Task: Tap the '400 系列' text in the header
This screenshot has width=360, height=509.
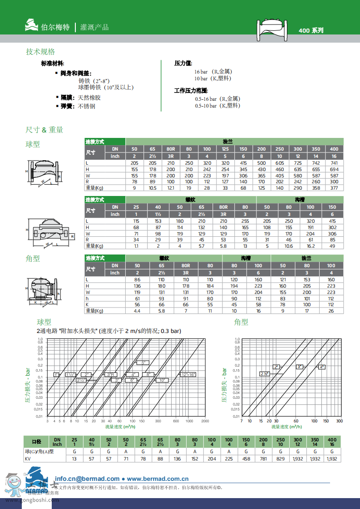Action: point(311,30)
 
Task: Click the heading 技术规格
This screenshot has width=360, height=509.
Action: point(40,52)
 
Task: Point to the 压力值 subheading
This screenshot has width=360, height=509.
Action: point(183,64)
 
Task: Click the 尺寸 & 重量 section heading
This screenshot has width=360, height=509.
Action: point(44,130)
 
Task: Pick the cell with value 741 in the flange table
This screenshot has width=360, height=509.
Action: point(334,163)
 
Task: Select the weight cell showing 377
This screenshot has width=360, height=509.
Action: point(334,187)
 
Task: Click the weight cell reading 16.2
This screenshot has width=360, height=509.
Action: point(311,246)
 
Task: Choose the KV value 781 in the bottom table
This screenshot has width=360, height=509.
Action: point(262,459)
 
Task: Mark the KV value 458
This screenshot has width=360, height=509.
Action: point(246,459)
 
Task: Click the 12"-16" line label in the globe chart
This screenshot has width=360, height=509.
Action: point(188,375)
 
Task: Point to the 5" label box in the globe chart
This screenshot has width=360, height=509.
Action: point(143,363)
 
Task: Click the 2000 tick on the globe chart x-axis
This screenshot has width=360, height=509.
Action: point(205,421)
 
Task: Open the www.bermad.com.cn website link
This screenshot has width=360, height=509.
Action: point(158,479)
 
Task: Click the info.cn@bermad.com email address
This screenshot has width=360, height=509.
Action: point(87,479)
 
